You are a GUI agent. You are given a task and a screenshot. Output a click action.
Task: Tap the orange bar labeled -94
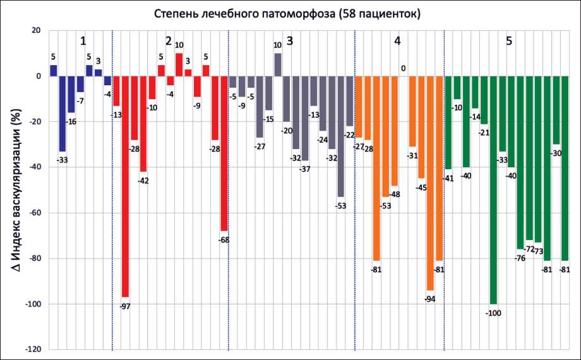(x=430, y=183)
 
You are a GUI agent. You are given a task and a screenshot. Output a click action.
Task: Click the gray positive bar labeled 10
(x=278, y=64)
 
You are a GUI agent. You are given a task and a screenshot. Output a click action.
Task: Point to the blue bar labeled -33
(x=63, y=114)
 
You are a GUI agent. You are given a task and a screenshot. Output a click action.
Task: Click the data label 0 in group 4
(x=403, y=68)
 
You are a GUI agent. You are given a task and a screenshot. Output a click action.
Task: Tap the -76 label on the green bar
(x=520, y=258)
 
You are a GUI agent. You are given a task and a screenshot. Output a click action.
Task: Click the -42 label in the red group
(x=143, y=181)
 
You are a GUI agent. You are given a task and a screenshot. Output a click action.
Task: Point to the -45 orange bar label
(x=421, y=187)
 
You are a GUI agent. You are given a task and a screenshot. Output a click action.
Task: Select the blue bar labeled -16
(x=71, y=94)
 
